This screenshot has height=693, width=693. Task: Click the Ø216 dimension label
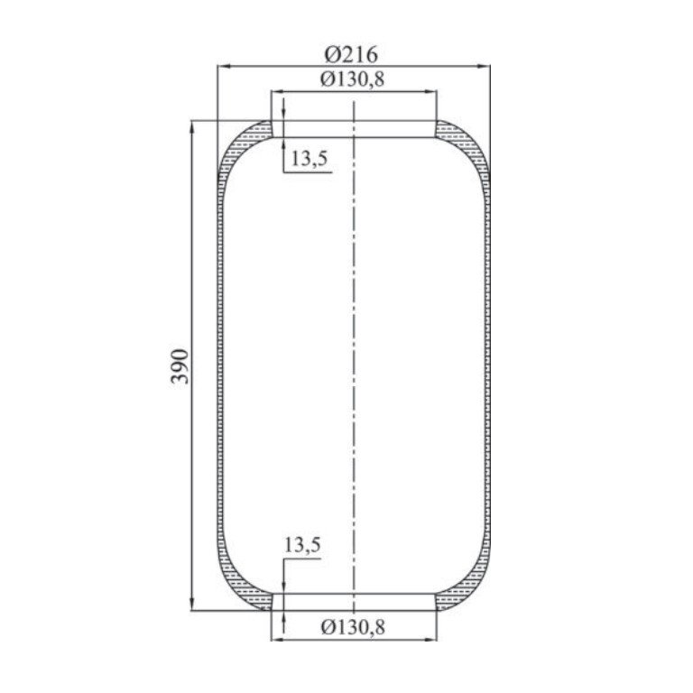(x=351, y=55)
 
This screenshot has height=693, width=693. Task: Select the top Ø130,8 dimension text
(x=352, y=79)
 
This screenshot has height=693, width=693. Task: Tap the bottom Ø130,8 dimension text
(x=353, y=627)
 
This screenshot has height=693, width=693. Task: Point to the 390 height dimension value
(x=180, y=366)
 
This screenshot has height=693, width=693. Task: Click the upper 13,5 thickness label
(x=309, y=158)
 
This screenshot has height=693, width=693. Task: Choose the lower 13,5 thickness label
(x=302, y=545)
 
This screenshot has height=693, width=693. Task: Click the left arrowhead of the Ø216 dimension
(x=224, y=66)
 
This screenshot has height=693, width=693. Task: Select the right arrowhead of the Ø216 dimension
(x=484, y=66)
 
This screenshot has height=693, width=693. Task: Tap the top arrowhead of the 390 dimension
(x=192, y=127)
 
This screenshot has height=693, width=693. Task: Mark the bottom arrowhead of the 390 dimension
(x=192, y=604)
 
